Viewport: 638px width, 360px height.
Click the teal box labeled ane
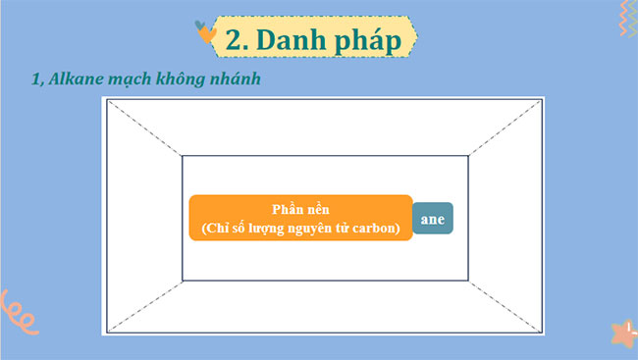[x=432, y=219]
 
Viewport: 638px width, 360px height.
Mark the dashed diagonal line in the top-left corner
[x=144, y=128]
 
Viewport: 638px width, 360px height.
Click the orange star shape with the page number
[x=622, y=333]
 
